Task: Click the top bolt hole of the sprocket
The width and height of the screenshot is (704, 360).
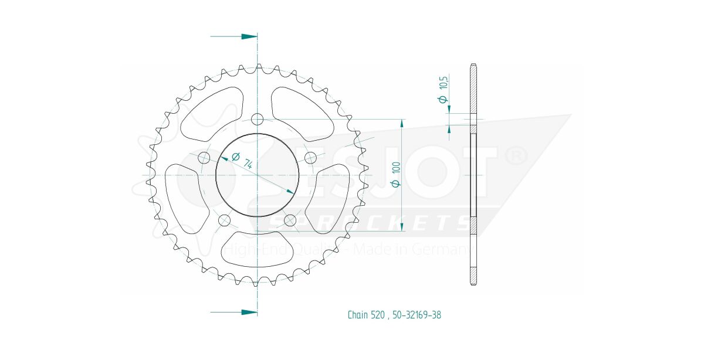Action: tap(257, 120)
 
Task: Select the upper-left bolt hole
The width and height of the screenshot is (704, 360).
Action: tap(204, 157)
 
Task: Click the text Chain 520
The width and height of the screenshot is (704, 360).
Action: tap(366, 315)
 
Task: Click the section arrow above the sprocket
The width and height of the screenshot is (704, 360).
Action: tap(249, 36)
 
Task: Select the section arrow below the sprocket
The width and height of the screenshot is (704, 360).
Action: tap(249, 312)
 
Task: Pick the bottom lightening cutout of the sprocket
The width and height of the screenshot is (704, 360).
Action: tap(256, 252)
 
